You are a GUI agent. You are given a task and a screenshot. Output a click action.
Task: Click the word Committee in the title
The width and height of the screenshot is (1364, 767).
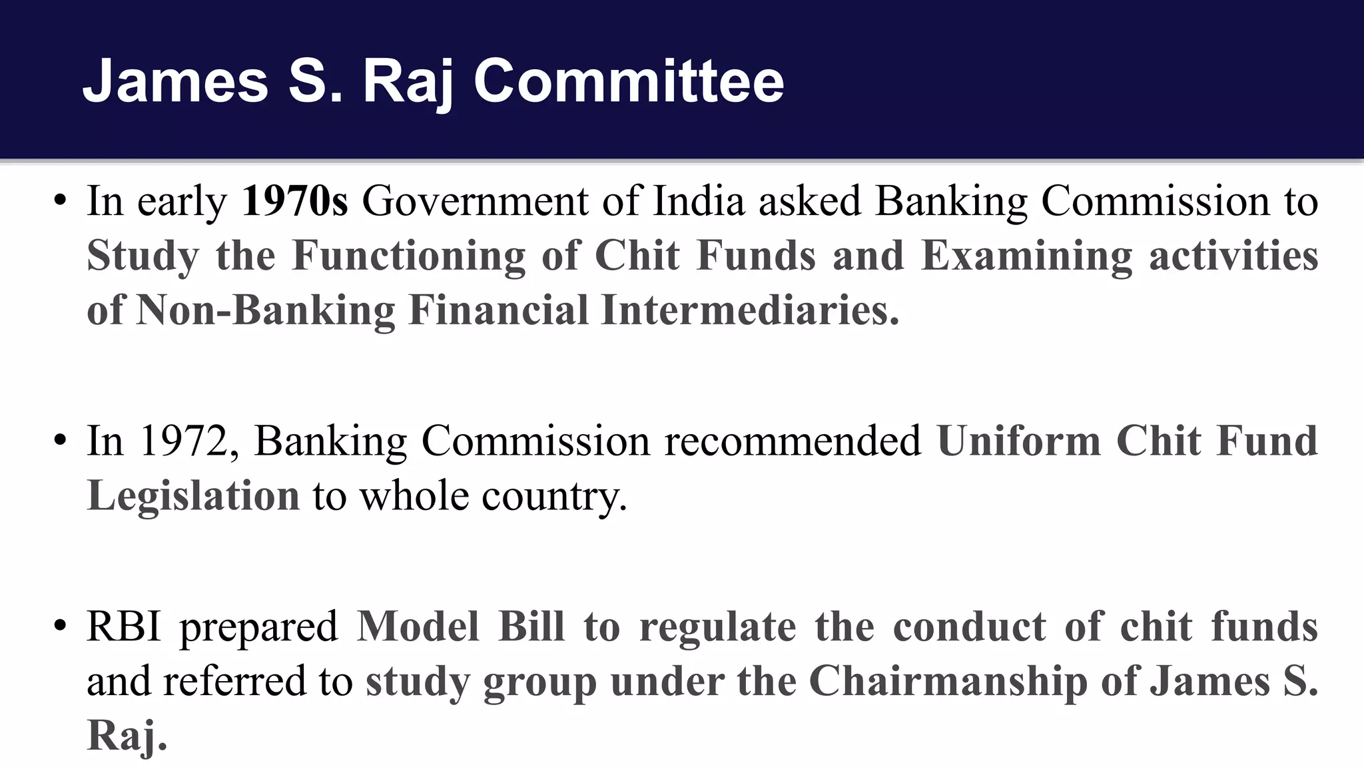point(629,81)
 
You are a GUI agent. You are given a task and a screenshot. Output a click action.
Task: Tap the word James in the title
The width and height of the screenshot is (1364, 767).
point(175,81)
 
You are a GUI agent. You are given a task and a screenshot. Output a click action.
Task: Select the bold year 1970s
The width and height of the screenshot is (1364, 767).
point(294,201)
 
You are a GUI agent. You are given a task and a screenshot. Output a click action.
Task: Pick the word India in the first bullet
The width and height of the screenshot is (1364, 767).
point(699,201)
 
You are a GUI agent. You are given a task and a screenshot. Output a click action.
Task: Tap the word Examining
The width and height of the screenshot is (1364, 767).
point(1026,256)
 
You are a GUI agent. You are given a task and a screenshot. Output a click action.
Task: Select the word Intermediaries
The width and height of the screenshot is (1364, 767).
point(749,310)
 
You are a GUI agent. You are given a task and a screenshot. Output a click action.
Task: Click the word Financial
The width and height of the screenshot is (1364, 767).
point(498,310)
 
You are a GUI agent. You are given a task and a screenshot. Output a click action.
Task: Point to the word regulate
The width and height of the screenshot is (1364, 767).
point(717,627)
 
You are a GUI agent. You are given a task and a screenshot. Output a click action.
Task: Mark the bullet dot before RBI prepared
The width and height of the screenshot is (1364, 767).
point(61,627)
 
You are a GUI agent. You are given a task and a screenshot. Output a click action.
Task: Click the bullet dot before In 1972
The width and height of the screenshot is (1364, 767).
point(61,441)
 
